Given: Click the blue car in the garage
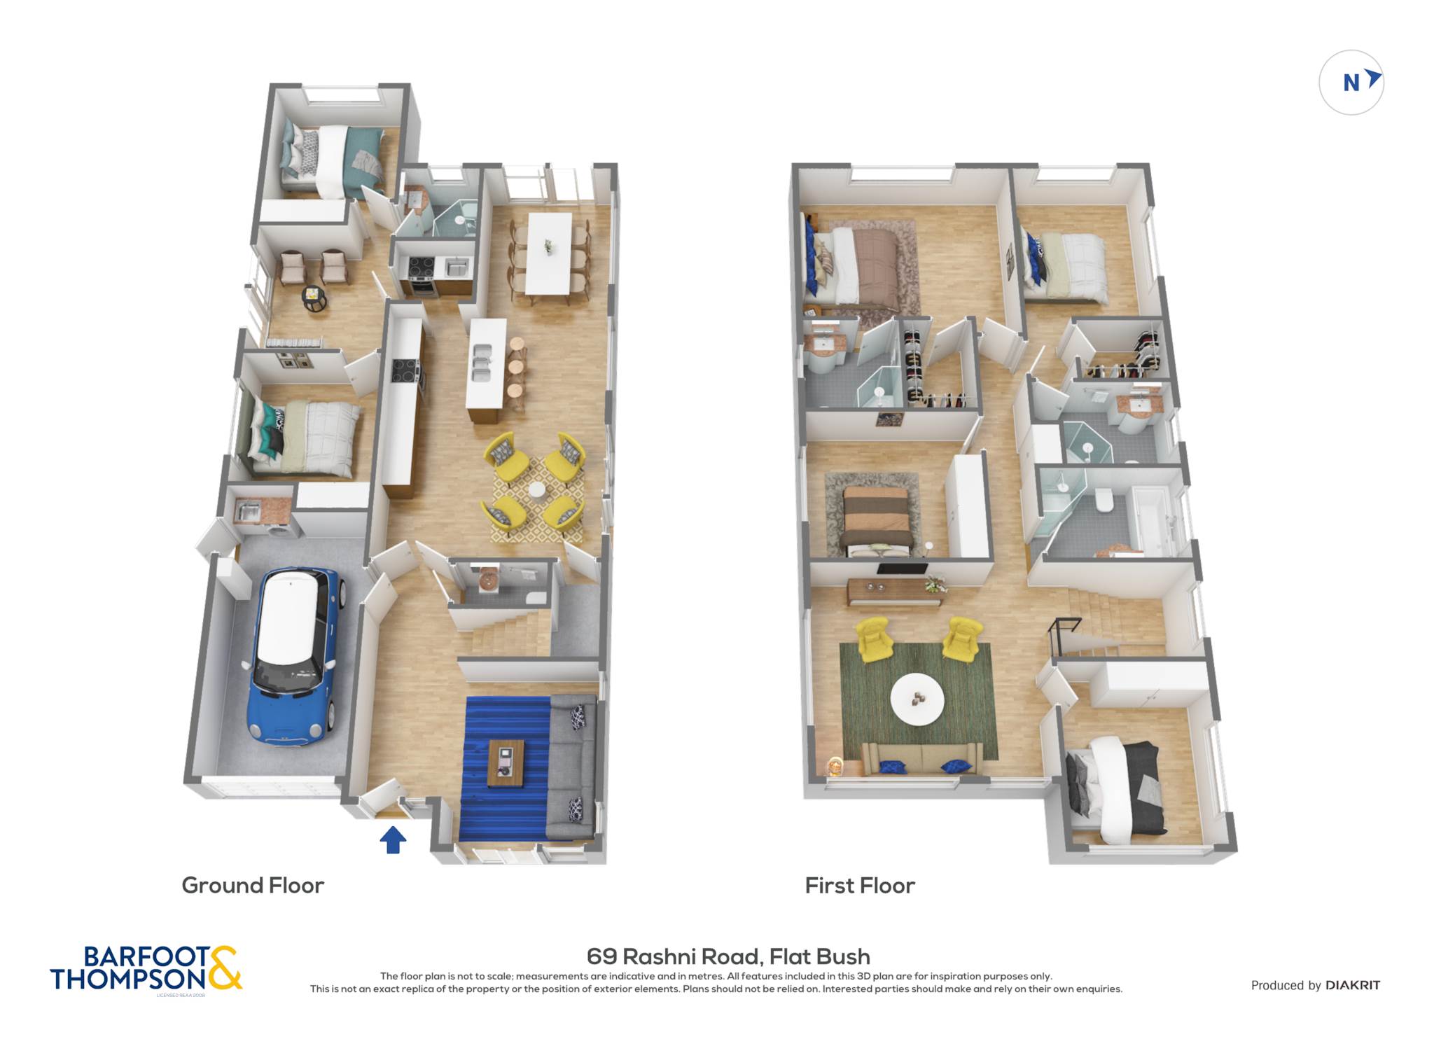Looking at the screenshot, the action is [x=294, y=655].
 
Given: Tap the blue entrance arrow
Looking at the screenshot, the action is [x=393, y=839].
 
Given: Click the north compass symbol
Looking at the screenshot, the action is [x=1351, y=83].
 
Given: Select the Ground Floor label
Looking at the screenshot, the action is [x=253, y=886].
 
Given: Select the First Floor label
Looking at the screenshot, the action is [x=860, y=886].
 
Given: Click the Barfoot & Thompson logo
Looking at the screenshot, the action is [x=146, y=969].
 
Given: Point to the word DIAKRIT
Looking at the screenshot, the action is [x=1353, y=985].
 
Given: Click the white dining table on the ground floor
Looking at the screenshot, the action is [x=548, y=253].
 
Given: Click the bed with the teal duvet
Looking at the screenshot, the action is [x=334, y=162].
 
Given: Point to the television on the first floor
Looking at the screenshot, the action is [x=902, y=569].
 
